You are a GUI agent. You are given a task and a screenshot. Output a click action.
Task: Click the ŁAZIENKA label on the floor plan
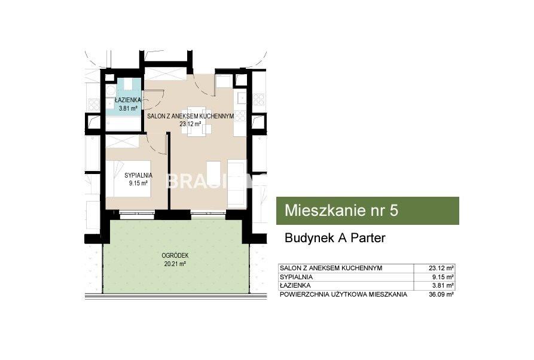[x=128, y=100]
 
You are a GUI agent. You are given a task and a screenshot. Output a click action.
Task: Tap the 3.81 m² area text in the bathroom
[x=128, y=109]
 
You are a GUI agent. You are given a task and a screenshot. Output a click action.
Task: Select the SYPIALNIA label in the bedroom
[x=138, y=175]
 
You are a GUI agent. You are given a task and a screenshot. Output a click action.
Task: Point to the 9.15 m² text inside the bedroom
[x=138, y=183]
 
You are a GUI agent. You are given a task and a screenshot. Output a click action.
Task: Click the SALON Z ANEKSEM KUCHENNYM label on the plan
[x=190, y=116]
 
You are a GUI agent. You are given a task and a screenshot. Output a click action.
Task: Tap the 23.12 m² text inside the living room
[x=190, y=124]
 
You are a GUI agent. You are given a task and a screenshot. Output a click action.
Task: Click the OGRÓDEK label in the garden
[x=175, y=255]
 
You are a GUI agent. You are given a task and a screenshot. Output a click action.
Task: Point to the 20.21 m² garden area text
[x=175, y=263]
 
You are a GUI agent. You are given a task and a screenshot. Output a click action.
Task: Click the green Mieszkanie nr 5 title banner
[x=368, y=210]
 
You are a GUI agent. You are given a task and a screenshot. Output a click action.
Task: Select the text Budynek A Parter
[x=335, y=238]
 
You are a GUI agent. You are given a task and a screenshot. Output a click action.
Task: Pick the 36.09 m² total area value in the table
[x=441, y=294]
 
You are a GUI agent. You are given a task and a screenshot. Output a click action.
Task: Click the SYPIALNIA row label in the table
[x=296, y=277]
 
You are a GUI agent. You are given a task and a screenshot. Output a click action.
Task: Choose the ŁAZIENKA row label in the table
[x=295, y=285]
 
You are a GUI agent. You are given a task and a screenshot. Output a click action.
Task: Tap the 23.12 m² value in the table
[x=441, y=268]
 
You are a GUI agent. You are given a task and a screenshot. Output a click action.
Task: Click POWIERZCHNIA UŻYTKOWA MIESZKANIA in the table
[x=343, y=294]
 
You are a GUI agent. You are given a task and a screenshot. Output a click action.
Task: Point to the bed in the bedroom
[x=128, y=178]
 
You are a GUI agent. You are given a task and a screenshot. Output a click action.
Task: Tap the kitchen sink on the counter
[x=242, y=98]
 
